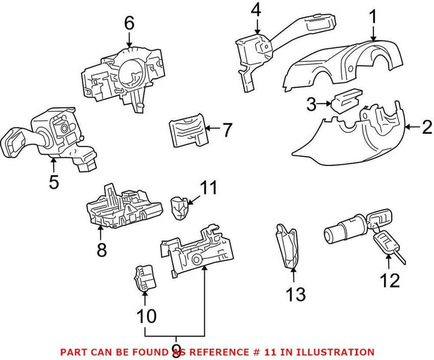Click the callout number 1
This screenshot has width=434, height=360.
(374, 18)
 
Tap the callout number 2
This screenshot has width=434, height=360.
(427, 128)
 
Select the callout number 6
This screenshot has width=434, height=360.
(129, 23)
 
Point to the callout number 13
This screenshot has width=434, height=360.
(297, 294)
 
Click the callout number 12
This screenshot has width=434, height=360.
(390, 280)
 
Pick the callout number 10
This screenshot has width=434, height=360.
(145, 315)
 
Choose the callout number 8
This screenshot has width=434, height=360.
(101, 249)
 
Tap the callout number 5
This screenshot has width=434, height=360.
(53, 182)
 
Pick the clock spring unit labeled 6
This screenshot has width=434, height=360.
(122, 73)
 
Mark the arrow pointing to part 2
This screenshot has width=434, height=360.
(413, 128)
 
